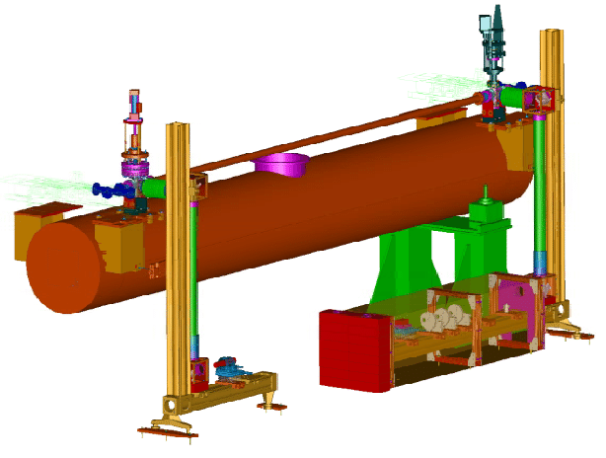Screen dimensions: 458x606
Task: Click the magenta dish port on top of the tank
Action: (281, 162)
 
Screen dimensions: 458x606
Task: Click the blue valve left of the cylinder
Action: (102, 190)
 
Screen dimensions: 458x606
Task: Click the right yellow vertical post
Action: (551, 148)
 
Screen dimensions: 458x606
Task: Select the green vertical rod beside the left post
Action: (195, 267)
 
